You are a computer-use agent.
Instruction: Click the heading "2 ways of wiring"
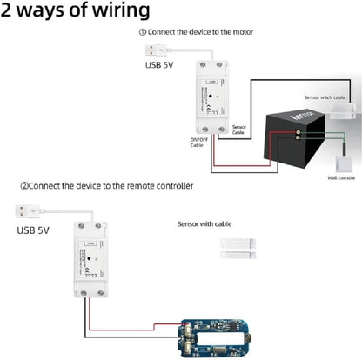click(76, 11)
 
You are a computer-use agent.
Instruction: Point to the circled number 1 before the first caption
click(142, 32)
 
